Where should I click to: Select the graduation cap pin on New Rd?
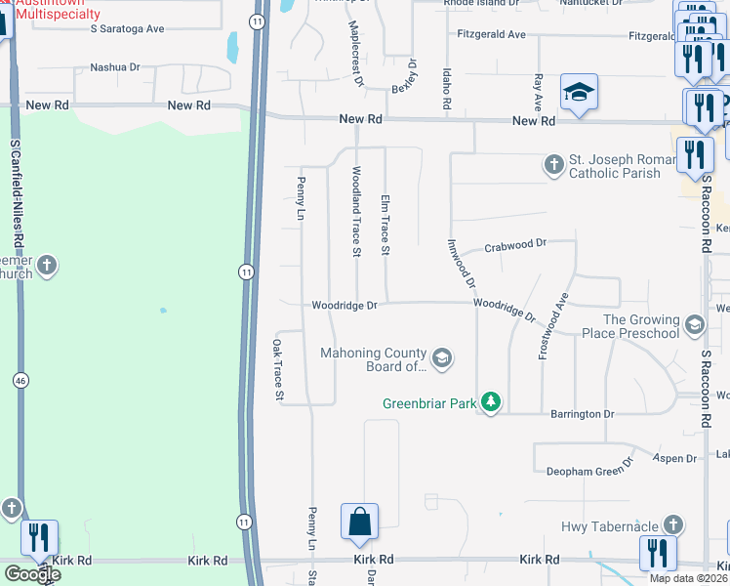[579, 93]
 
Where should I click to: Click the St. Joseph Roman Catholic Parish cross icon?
[554, 164]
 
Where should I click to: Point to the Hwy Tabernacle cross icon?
[672, 525]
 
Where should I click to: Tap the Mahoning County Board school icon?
[442, 358]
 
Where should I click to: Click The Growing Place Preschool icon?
[694, 324]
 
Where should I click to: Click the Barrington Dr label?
[582, 414]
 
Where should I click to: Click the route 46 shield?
[20, 379]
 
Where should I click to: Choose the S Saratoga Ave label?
[127, 29]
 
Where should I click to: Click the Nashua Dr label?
[115, 68]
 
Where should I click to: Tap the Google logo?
[32, 574]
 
